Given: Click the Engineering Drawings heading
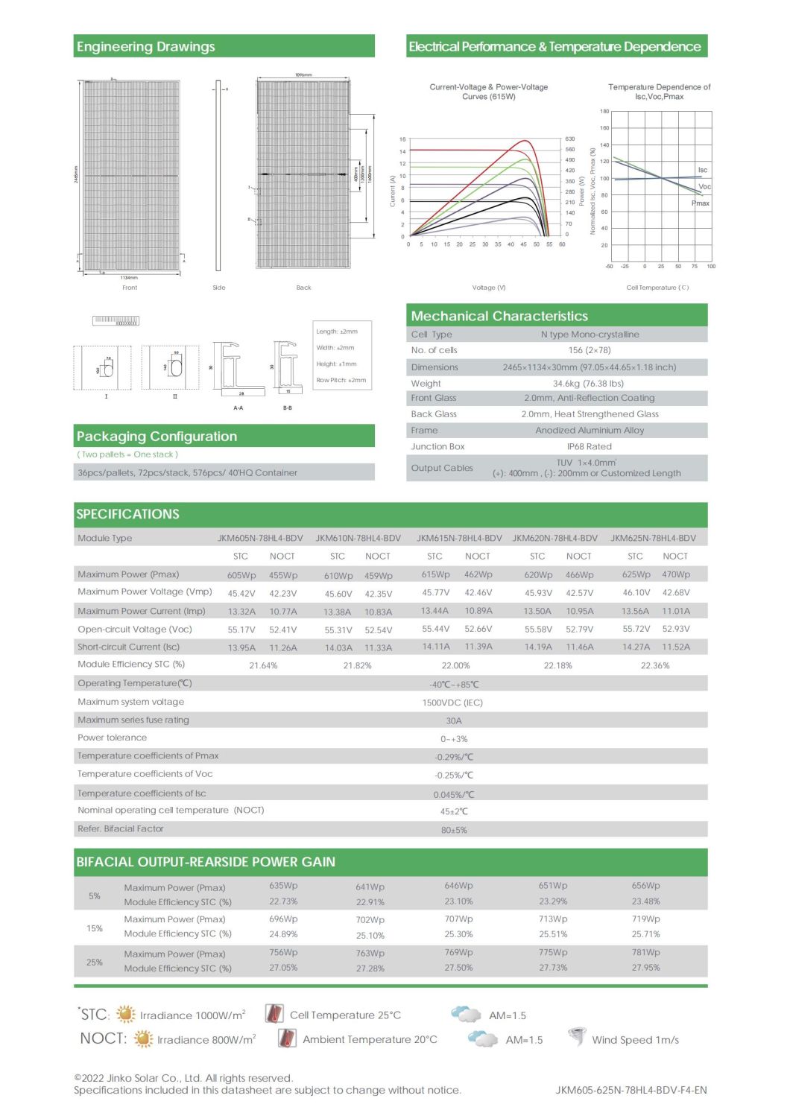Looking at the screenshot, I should click(145, 47).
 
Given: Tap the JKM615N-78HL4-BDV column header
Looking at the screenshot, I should click(459, 538).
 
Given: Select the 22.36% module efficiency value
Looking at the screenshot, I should click(655, 665).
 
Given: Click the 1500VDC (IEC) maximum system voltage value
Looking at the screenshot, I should click(452, 703).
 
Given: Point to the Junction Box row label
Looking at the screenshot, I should click(437, 446).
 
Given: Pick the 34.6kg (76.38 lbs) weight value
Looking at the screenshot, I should click(588, 383).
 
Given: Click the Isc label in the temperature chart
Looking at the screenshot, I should click(702, 170).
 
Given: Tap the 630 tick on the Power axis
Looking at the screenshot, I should click(570, 139).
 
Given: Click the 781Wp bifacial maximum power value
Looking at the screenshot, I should click(646, 952).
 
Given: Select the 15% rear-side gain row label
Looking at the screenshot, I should click(95, 928).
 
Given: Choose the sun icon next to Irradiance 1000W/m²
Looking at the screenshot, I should click(126, 1014).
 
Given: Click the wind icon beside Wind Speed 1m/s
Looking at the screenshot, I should click(576, 1038).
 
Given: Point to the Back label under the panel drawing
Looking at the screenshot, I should click(303, 288).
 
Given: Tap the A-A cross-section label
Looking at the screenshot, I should click(238, 408).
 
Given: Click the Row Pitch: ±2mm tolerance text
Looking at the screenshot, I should click(341, 380).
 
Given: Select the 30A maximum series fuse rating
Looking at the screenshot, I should click(454, 720).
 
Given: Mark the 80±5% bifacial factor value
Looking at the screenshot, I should click(454, 830).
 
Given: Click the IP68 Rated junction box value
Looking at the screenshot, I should click(589, 446).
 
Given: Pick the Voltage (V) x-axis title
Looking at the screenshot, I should click(488, 288).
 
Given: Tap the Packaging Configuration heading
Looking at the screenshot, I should click(157, 437).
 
